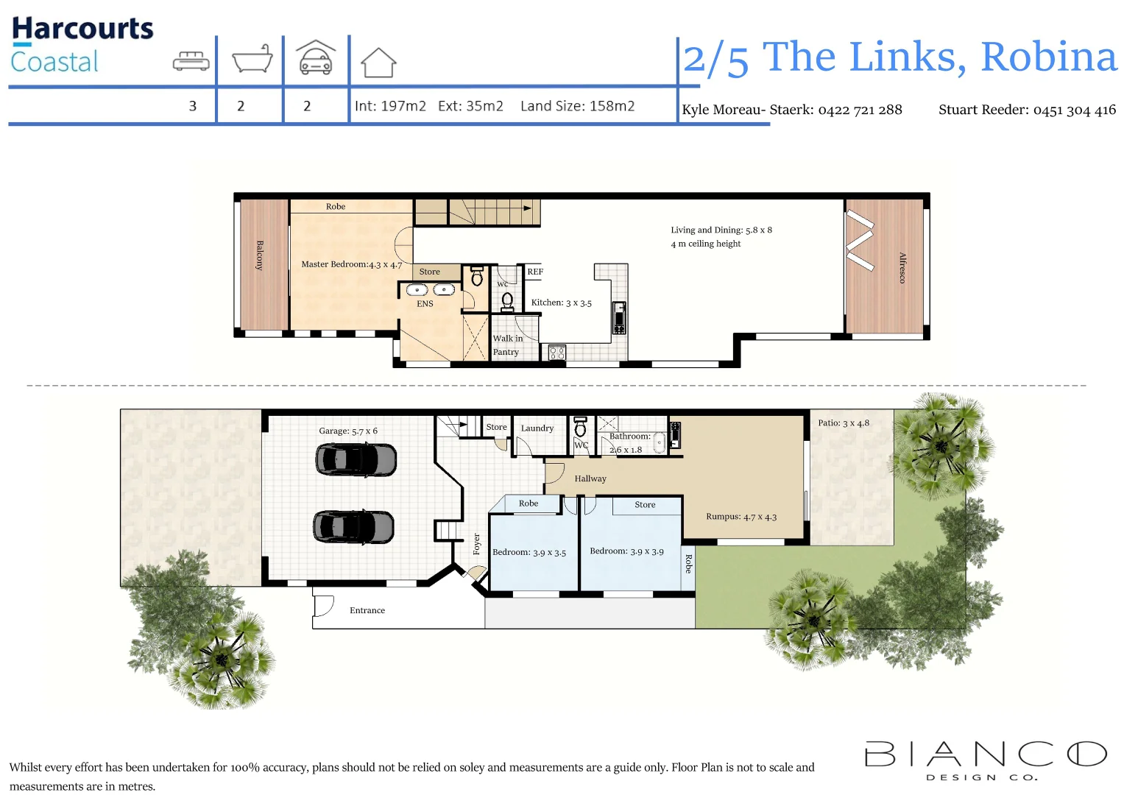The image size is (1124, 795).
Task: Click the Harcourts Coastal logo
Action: [x=82, y=45]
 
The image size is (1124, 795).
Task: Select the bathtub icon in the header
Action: [x=252, y=59]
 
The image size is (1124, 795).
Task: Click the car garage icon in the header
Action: [x=316, y=57]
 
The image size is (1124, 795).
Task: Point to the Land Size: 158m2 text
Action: [x=577, y=106]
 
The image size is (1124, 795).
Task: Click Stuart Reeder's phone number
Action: [x=1074, y=110]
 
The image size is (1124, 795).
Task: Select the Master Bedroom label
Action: [x=351, y=264]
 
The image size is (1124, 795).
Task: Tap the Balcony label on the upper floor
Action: [x=259, y=255]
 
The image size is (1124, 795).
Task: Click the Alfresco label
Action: [x=902, y=267]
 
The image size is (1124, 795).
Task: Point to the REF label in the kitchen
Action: [x=535, y=272]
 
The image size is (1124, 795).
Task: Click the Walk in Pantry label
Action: [x=507, y=345]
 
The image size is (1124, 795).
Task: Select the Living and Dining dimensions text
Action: [x=721, y=230]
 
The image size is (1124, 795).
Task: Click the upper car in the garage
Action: [x=356, y=460]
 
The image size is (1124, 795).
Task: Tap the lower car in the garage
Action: [x=354, y=527]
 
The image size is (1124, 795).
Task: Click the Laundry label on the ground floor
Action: [x=537, y=428]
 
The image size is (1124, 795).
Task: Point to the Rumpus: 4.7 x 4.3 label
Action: [x=741, y=516]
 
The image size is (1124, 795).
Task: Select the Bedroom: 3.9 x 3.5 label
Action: [x=529, y=552]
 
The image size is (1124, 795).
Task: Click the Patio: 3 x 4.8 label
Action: [x=843, y=423]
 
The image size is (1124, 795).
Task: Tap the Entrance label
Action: [x=367, y=610]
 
